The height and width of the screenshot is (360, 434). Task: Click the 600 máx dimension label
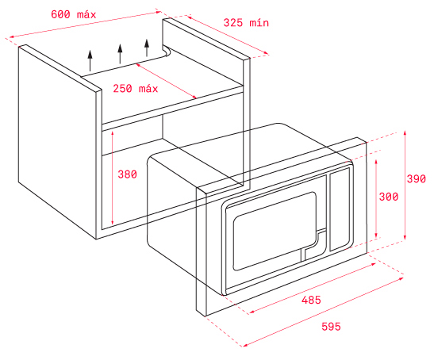click(x=73, y=14)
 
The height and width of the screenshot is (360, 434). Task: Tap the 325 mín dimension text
click(x=246, y=23)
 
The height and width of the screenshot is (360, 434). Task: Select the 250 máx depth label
click(x=136, y=89)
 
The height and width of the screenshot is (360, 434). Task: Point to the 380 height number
click(x=127, y=174)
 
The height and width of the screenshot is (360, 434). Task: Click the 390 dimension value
click(x=416, y=178)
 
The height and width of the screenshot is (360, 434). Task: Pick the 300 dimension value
click(x=389, y=197)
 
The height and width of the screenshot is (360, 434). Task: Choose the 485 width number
click(x=311, y=300)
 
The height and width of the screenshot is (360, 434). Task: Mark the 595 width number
click(x=331, y=327)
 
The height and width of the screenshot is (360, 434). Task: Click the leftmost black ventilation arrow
click(x=90, y=61)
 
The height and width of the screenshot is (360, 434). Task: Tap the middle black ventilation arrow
click(x=120, y=54)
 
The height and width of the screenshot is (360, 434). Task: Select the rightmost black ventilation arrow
click(x=147, y=48)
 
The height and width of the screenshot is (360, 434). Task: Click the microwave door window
click(x=275, y=231)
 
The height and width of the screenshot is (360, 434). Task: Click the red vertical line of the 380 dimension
click(x=112, y=178)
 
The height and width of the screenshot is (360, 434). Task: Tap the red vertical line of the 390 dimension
click(x=405, y=186)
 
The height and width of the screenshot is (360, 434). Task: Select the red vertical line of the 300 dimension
click(x=376, y=198)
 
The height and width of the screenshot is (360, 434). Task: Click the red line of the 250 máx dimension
click(x=166, y=81)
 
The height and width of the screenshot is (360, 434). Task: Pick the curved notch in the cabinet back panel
click(x=167, y=52)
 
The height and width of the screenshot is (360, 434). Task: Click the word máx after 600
click(x=86, y=14)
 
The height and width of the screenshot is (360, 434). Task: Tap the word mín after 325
click(x=259, y=23)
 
